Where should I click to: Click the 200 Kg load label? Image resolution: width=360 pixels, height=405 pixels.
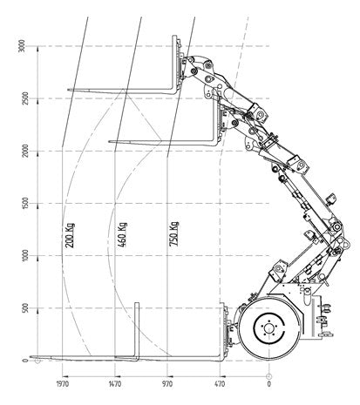tap(69, 235)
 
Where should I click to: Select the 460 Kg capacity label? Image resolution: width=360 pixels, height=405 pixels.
tap(122, 235)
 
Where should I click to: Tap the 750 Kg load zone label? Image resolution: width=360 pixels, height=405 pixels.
tap(174, 235)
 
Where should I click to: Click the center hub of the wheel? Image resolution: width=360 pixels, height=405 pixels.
tap(269, 330)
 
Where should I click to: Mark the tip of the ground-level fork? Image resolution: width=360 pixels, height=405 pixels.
tap(32, 357)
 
